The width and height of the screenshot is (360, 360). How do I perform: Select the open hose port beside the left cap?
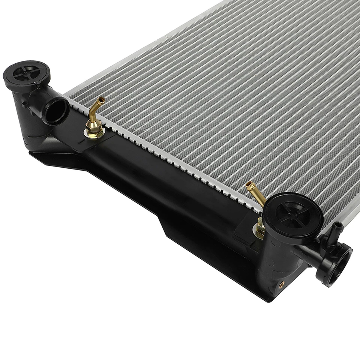56,111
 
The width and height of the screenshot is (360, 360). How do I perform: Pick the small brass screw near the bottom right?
282,284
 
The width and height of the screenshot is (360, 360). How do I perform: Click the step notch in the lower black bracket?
159,219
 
